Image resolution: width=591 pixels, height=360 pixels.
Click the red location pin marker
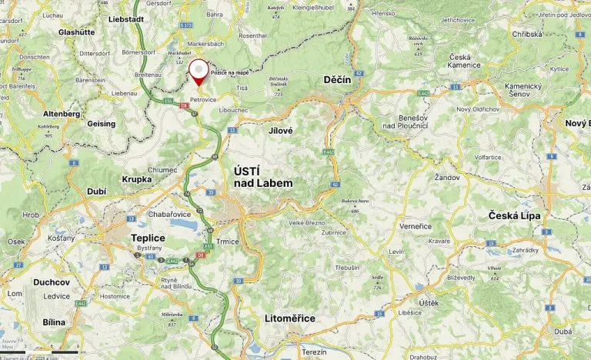(x=199, y=71)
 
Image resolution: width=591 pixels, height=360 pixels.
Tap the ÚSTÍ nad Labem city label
(x=262, y=177)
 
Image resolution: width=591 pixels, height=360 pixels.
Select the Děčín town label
(x=338, y=80)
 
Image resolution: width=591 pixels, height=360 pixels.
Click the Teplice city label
(x=149, y=238)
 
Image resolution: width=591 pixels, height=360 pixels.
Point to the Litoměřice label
(x=289, y=318)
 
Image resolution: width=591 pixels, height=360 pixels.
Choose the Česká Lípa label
(x=514, y=216)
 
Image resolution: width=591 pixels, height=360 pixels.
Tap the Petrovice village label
(x=204, y=99)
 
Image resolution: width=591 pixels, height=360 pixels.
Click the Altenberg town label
(x=62, y=114)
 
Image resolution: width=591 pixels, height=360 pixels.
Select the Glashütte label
(x=76, y=32)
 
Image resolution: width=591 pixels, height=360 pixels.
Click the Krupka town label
(x=137, y=179)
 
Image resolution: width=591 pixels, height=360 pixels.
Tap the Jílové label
(x=281, y=131)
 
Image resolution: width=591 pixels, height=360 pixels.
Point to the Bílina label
(x=55, y=322)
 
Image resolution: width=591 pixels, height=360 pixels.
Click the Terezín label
(x=314, y=352)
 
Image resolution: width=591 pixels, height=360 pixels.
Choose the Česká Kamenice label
(x=459, y=61)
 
